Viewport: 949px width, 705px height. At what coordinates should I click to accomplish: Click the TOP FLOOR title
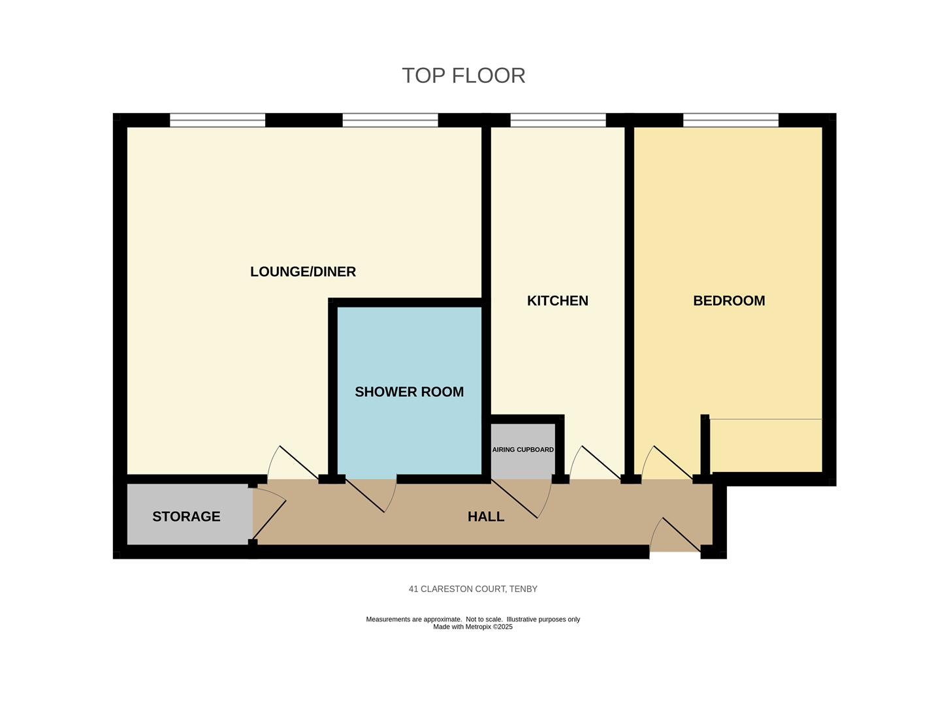pyautogui.click(x=463, y=76)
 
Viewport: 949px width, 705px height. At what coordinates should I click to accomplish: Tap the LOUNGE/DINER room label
pyautogui.click(x=303, y=272)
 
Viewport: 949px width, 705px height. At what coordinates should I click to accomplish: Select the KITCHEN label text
pyautogui.click(x=557, y=301)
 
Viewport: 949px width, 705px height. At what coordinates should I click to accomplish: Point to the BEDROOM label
pyautogui.click(x=729, y=301)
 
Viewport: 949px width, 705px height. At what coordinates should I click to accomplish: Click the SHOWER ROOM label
pyautogui.click(x=409, y=392)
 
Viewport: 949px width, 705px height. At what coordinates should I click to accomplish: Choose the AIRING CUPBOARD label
pyautogui.click(x=523, y=450)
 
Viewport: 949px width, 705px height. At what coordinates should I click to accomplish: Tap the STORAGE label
pyautogui.click(x=186, y=516)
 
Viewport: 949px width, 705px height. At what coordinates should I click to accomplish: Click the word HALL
pyautogui.click(x=486, y=516)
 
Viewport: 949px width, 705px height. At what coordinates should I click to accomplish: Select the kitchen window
pyautogui.click(x=558, y=120)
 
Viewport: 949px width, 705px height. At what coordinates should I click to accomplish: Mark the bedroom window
pyautogui.click(x=731, y=120)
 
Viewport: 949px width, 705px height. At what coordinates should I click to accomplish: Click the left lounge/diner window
pyautogui.click(x=217, y=120)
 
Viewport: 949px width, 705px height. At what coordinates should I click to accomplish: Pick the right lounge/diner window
pyautogui.click(x=390, y=120)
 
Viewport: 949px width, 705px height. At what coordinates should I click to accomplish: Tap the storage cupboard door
pyautogui.click(x=269, y=514)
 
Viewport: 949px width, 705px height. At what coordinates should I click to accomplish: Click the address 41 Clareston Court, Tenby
pyautogui.click(x=473, y=589)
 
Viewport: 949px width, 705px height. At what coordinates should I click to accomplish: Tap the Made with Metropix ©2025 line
pyautogui.click(x=473, y=627)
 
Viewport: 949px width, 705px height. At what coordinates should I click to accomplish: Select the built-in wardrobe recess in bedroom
pyautogui.click(x=765, y=445)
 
